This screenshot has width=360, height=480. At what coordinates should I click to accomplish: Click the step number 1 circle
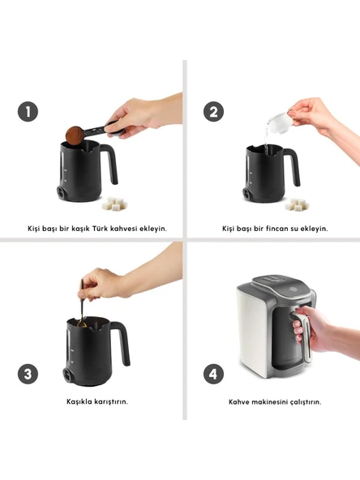click(x=28, y=111)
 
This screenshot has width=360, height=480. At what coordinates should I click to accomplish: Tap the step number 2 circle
click(x=214, y=111)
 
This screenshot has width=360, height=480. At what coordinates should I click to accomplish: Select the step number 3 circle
click(x=28, y=374)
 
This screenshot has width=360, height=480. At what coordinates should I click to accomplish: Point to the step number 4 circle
click(x=214, y=374)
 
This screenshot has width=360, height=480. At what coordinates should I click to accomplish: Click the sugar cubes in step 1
click(x=115, y=204)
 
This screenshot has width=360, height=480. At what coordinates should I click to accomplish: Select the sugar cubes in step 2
click(x=297, y=204)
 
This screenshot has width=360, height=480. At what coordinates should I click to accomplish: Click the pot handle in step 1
click(x=110, y=164)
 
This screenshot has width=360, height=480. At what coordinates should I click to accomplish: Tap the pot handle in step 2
click(x=294, y=167)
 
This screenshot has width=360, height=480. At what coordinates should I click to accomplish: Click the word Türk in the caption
click(x=100, y=229)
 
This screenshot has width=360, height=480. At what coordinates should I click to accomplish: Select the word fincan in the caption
click(x=276, y=229)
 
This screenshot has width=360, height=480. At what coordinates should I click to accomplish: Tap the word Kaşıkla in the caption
click(x=79, y=401)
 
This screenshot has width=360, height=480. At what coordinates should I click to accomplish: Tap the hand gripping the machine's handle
click(x=309, y=329)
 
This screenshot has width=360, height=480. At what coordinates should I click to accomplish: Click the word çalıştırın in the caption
click(x=306, y=401)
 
